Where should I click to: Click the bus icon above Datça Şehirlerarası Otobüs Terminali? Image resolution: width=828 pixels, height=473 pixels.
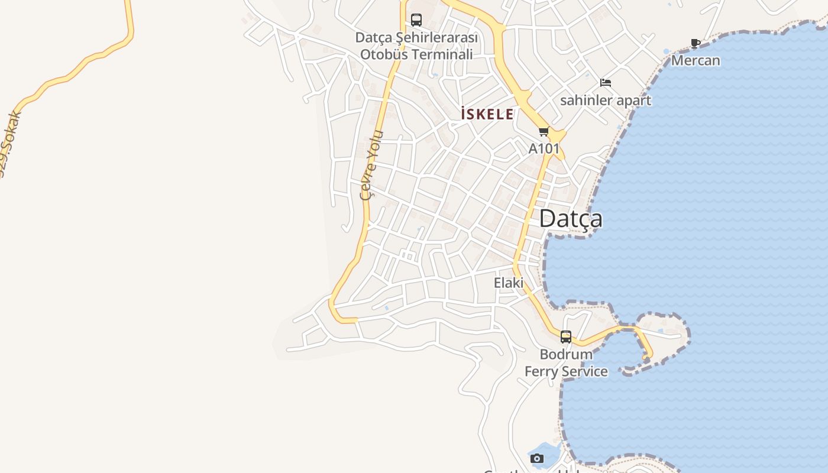point(416,20)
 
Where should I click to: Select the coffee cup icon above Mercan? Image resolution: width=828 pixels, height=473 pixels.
point(696,43)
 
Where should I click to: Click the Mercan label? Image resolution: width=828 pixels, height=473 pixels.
point(696,60)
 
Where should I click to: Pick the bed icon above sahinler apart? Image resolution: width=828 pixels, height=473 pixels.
point(605,83)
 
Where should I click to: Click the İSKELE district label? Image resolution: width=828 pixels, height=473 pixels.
point(487,114)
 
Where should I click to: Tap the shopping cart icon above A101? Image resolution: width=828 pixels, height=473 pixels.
point(544,131)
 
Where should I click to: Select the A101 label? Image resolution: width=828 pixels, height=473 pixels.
point(544,148)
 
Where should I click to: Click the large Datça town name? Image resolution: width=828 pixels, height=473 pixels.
point(571,219)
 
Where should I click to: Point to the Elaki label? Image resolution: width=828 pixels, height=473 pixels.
point(509,283)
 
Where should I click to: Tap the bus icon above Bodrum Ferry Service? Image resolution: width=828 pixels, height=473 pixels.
point(566,337)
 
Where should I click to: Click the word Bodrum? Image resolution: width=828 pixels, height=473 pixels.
point(566,354)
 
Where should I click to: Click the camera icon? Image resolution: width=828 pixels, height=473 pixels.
point(537,458)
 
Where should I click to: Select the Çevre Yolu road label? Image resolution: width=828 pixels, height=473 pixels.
point(371,166)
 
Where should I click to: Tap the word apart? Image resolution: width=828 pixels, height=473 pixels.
point(633,101)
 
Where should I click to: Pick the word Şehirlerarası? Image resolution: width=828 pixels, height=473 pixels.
point(436,37)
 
